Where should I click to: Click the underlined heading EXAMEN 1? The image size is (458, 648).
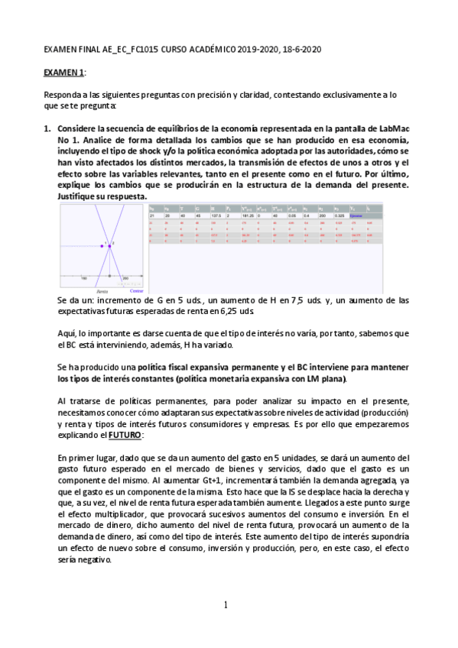(63, 71)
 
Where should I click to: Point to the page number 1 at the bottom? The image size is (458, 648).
(226, 605)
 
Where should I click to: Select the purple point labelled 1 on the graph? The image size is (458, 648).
(101, 246)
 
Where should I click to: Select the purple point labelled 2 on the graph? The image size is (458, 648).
(111, 246)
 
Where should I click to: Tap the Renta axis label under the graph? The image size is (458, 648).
(102, 291)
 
